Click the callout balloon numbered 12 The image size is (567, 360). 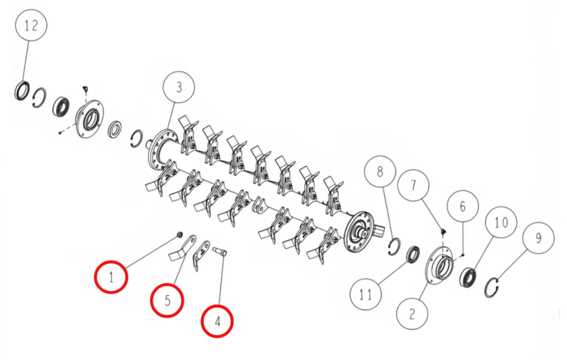31,25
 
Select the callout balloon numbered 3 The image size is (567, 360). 179,87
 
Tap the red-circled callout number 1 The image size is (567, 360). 111,277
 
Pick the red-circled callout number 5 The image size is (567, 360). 167,301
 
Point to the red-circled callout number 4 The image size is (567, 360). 217,322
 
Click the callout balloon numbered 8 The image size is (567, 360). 380,171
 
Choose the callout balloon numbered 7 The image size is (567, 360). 413,185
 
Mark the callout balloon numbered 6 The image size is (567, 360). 463,206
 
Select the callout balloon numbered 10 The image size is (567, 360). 501,222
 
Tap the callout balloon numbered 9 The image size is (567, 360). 539,238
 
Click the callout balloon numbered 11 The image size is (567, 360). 366,294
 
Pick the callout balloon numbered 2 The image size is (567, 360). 412,314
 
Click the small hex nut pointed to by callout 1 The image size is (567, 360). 179,235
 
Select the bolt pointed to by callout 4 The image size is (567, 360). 219,251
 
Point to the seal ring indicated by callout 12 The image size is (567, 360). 22,90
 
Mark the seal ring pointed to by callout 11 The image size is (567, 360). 413,254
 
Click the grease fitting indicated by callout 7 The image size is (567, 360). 442,231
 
